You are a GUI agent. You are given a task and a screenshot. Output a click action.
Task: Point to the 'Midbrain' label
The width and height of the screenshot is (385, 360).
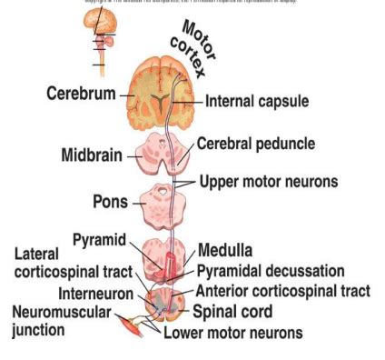pyautogui.click(x=93, y=155)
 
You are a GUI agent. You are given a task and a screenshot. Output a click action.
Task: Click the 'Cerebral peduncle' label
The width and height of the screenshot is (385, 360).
pyautogui.click(x=256, y=144)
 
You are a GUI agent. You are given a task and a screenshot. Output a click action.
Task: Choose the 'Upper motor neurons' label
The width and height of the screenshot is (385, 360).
pyautogui.click(x=268, y=181)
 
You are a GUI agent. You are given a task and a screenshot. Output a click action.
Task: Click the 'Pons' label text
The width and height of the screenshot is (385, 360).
pyautogui.click(x=110, y=200)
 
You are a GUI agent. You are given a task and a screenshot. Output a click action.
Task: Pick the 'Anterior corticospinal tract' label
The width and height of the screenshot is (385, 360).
pyautogui.click(x=282, y=291)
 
